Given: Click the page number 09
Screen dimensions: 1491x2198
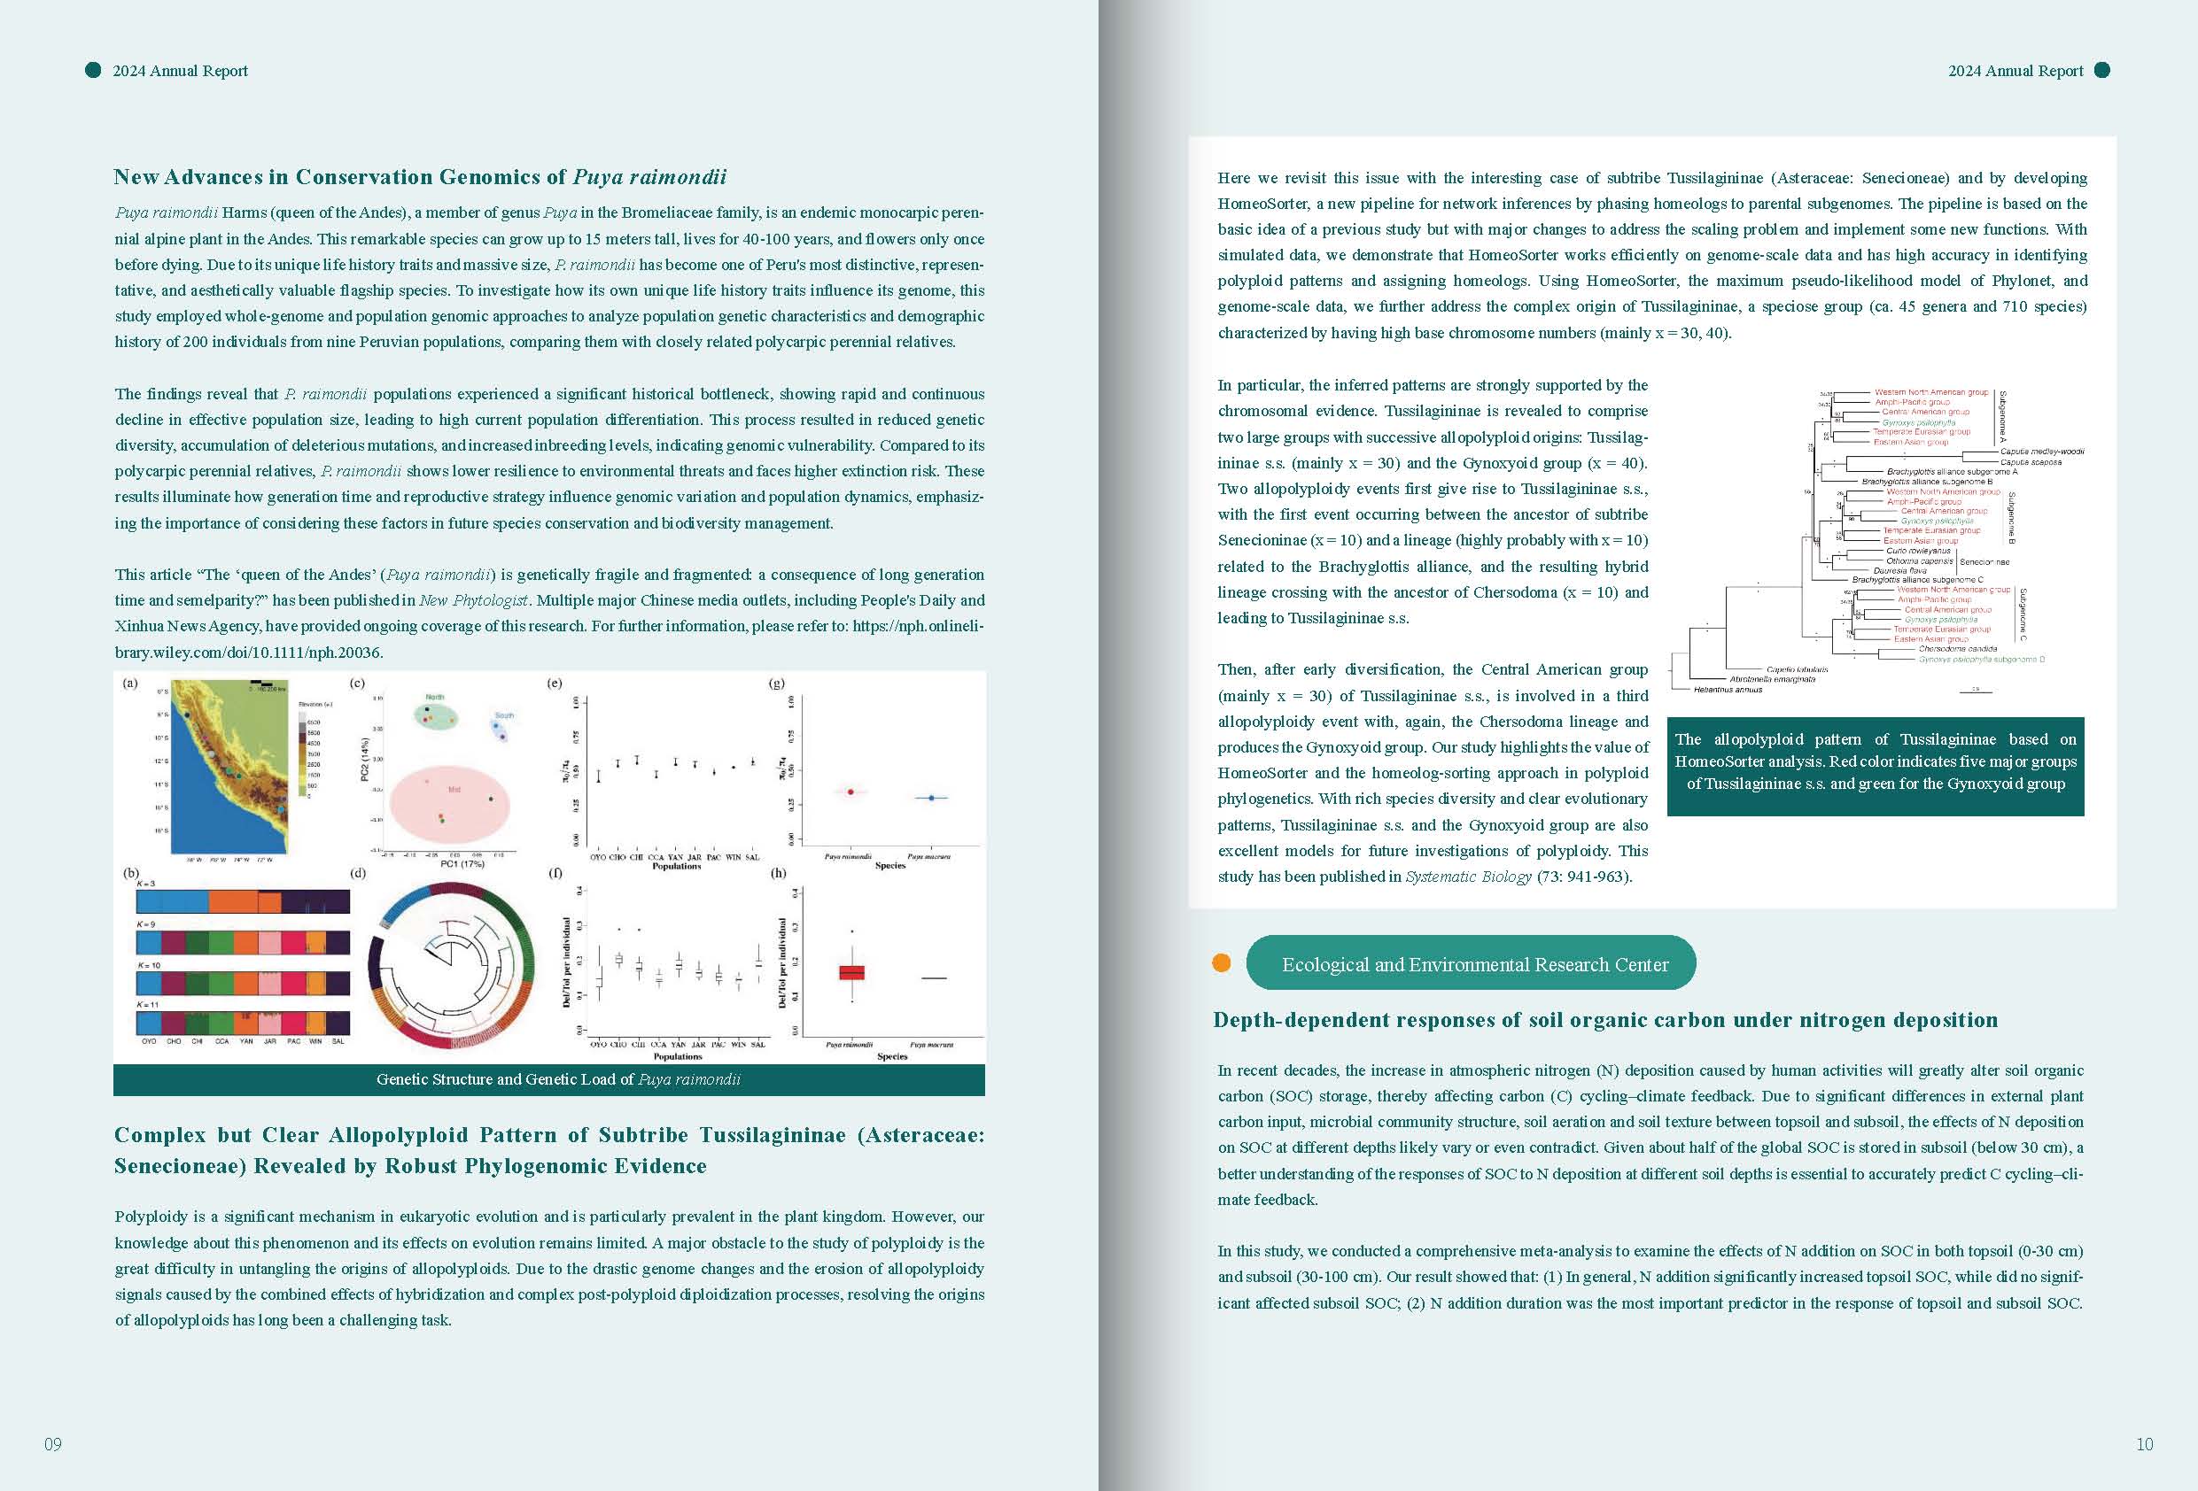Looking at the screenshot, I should pyautogui.click(x=53, y=1444).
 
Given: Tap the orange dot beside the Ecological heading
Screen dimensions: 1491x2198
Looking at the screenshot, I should pyautogui.click(x=1221, y=962).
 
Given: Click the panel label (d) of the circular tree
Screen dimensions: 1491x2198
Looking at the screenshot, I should pyautogui.click(x=358, y=873).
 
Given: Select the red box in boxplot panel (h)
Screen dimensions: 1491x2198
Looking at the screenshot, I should pyautogui.click(x=851, y=972).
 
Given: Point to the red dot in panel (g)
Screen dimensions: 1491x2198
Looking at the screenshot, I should pyautogui.click(x=850, y=792).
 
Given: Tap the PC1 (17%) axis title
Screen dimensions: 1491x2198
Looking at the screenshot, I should pyautogui.click(x=462, y=863).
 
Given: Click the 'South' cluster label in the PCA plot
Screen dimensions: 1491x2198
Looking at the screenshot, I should pyautogui.click(x=504, y=715).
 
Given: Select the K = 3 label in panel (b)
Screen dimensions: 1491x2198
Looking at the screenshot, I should pyautogui.click(x=146, y=884).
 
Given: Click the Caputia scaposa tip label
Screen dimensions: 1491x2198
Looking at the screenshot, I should pyautogui.click(x=2031, y=461).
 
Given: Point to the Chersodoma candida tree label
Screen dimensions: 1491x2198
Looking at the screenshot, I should pyautogui.click(x=1957, y=649).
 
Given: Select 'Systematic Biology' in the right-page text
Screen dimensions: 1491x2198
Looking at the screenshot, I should pyautogui.click(x=1468, y=877).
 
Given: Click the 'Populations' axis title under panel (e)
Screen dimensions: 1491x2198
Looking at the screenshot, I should pyautogui.click(x=676, y=866).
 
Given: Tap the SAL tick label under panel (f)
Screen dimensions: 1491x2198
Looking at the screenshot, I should pyautogui.click(x=757, y=1045).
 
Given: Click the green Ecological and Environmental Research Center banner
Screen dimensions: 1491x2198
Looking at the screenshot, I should pyautogui.click(x=1471, y=963).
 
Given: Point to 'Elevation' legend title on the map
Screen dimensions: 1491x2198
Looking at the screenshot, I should pyautogui.click(x=315, y=705).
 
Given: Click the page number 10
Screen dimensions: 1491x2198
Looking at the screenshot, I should pyautogui.click(x=2144, y=1444).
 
